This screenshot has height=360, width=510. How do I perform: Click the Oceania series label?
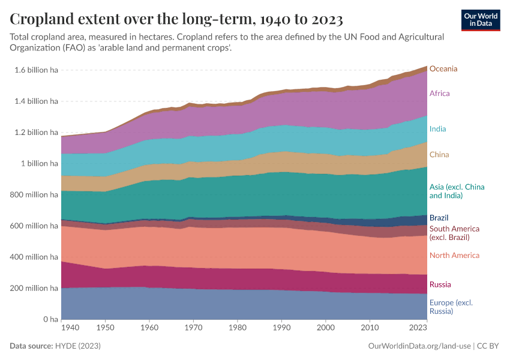[x=443, y=69]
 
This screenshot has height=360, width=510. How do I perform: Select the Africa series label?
[x=439, y=94]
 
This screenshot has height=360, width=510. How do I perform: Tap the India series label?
[x=437, y=129]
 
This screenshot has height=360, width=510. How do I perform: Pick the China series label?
[x=439, y=155]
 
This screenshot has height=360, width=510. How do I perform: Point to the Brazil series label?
[x=439, y=218]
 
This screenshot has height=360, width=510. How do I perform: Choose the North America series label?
[x=454, y=256]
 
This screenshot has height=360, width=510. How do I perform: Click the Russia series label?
[x=440, y=284]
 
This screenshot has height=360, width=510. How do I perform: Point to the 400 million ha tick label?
[x=33, y=257]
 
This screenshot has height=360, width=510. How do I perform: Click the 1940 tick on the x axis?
[x=70, y=328]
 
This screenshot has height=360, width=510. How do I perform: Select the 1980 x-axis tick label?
[x=238, y=328]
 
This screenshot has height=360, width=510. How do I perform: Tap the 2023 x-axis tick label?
[x=418, y=328]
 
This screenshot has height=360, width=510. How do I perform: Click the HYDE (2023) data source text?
[x=77, y=346]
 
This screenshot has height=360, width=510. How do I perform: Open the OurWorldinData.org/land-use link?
[x=418, y=346]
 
